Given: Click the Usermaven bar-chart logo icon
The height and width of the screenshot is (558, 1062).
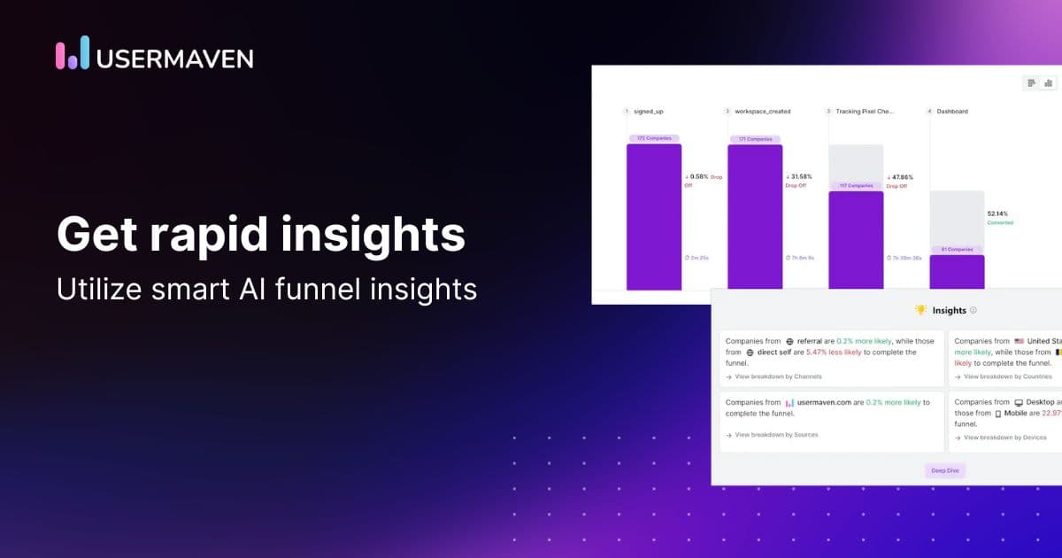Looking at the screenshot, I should pos(73,53).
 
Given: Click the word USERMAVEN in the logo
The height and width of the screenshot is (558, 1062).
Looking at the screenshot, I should pos(174,58).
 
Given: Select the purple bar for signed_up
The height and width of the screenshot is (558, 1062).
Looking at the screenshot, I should pos(654,217).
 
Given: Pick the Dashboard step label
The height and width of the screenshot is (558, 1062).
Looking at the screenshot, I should pos(952,112).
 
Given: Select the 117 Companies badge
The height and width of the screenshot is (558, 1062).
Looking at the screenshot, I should pos(855,186).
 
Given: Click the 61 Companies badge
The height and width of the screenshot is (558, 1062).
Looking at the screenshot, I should pos(957,250).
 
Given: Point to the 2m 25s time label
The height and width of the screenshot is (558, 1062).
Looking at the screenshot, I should pos(699,258).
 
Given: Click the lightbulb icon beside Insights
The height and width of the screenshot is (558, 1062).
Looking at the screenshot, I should pos(920,310).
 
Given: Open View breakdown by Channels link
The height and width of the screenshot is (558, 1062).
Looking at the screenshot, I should pos(778,376).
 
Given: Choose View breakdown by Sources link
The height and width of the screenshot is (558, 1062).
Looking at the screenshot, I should pos(776,435).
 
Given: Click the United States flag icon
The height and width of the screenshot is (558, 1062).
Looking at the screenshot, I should pos(1020,341).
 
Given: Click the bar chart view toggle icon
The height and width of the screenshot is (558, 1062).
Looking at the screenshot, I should pos(1049,83).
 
